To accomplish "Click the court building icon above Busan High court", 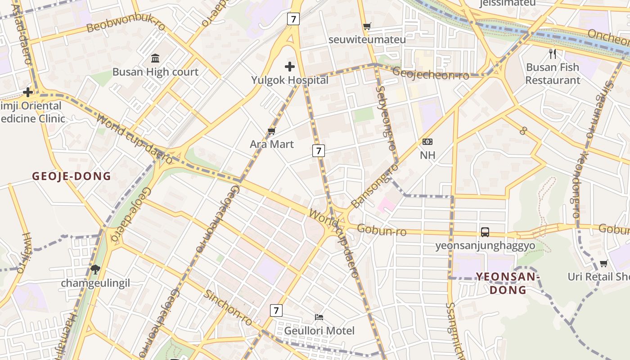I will [155, 58].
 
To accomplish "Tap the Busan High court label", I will [155, 72].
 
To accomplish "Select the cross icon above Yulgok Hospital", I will [290, 67].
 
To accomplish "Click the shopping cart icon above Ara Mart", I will [271, 131].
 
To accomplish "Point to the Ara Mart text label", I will [272, 144].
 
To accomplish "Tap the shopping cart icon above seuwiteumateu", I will [367, 27].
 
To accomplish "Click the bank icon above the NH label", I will [427, 142].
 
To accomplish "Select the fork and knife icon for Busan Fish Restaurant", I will [553, 54].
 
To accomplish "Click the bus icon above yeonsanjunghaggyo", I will [485, 232].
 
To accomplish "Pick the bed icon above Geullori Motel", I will [319, 317].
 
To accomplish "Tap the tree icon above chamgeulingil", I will [95, 270].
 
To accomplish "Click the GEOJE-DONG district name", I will [71, 176].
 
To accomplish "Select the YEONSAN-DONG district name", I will [508, 283].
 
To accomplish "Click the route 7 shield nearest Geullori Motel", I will [276, 310].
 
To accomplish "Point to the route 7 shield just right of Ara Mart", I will [318, 151].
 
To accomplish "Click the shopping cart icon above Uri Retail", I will [603, 263].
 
